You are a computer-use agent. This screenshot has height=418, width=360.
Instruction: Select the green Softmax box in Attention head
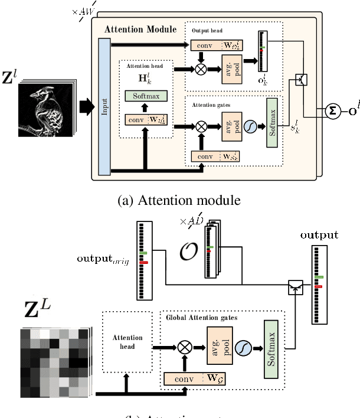[146, 96]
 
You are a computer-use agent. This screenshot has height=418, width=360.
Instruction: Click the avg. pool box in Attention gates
[231, 125]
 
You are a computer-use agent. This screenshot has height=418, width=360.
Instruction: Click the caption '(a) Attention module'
[179, 201]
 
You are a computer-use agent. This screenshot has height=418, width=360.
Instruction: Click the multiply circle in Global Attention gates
[184, 348]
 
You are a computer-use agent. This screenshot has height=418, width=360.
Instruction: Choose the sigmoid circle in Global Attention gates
[243, 348]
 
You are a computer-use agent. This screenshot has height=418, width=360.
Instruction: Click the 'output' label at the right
[319, 235]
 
